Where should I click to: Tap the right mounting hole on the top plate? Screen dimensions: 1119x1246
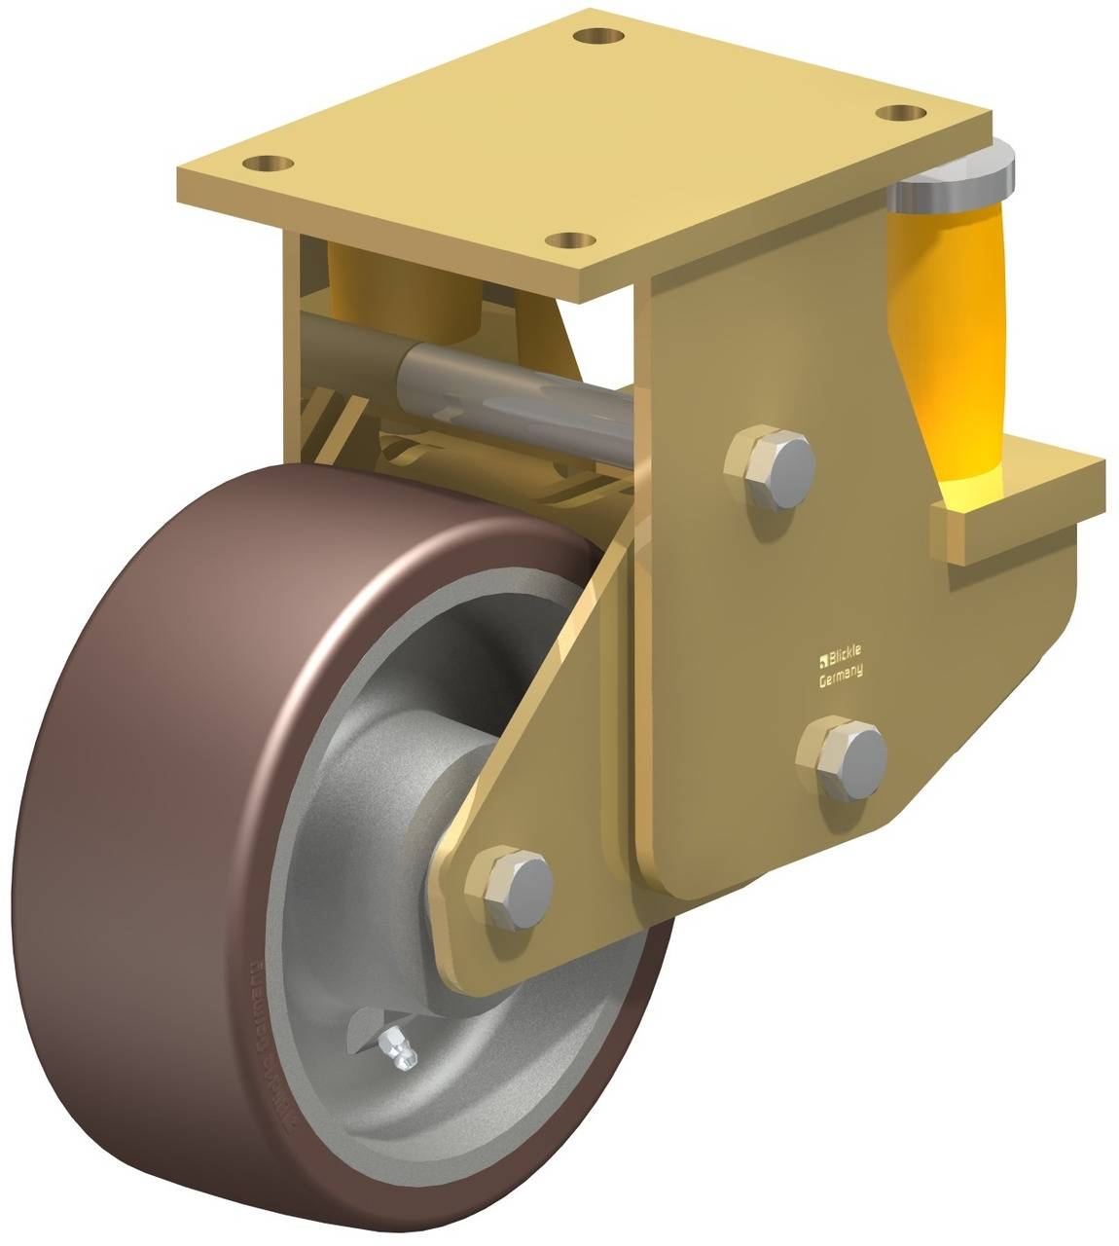899,113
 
